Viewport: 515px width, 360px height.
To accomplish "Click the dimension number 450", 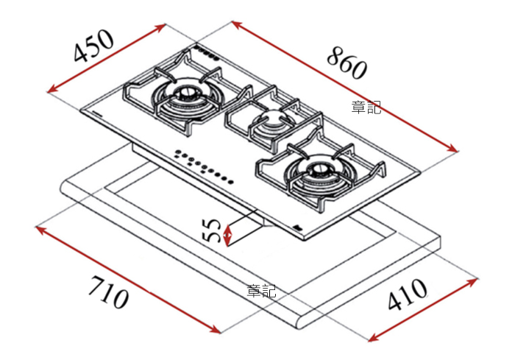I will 94,46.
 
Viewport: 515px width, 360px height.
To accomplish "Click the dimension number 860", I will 346,62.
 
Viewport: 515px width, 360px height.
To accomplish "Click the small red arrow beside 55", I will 228,235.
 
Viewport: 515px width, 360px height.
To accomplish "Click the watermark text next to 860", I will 366,107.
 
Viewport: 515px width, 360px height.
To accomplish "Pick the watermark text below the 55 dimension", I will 262,291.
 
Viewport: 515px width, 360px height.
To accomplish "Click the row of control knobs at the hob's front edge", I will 203,166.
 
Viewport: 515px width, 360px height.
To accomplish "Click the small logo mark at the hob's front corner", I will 296,227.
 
